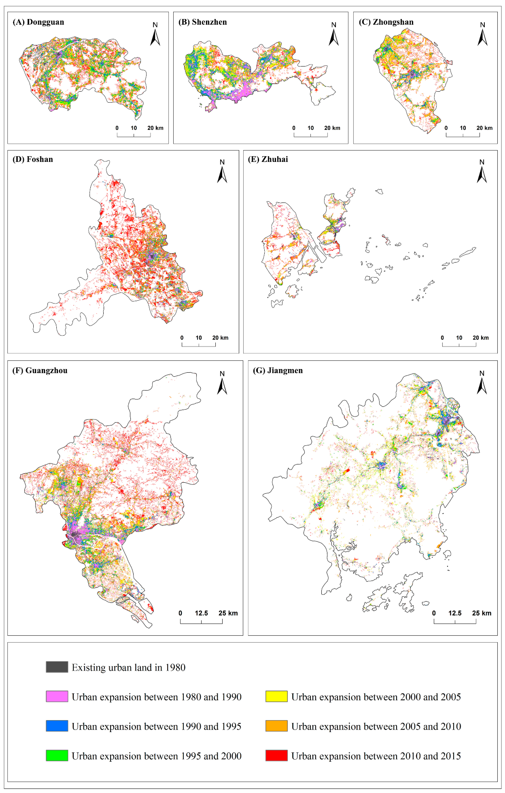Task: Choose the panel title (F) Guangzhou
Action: point(40,371)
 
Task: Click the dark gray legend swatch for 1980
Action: point(57,667)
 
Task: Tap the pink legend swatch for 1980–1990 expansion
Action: point(57,697)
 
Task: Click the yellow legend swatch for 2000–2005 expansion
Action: point(277,697)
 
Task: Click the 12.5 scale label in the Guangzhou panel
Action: point(201,613)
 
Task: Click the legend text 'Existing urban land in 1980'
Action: point(128,668)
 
